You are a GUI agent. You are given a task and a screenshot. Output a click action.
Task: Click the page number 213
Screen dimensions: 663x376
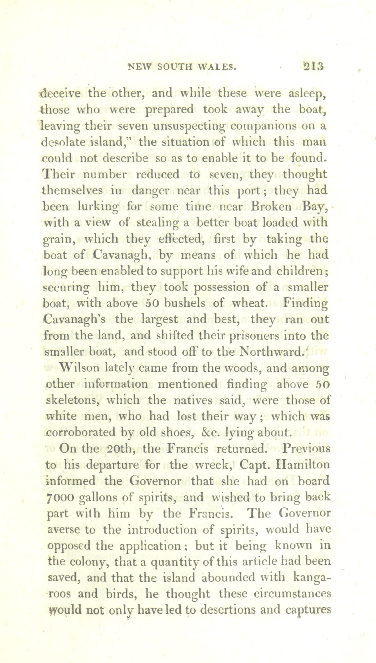pos(314,67)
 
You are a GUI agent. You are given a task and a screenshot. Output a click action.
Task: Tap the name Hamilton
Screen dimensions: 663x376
pos(303,465)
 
